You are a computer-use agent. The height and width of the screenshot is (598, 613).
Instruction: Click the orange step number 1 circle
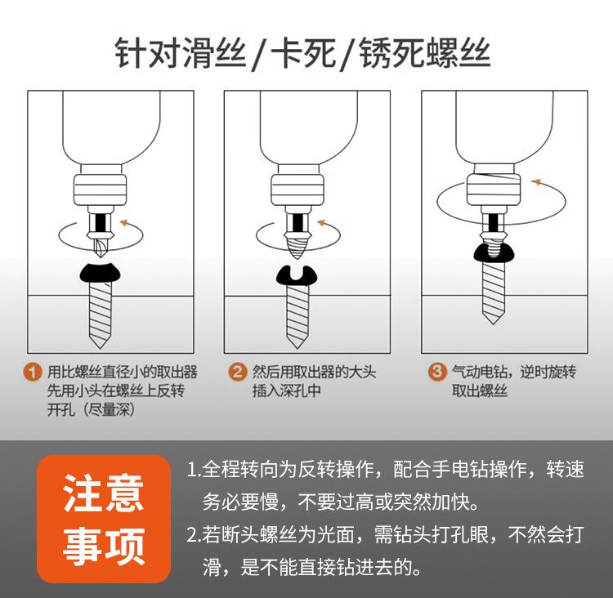(33, 373)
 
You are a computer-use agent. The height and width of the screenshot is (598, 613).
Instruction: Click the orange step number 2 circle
(237, 373)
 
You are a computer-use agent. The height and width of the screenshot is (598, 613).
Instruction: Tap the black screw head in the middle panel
(297, 276)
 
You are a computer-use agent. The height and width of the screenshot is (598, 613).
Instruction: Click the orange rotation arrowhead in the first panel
(123, 221)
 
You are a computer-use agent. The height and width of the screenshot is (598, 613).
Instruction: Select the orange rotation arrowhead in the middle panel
(321, 221)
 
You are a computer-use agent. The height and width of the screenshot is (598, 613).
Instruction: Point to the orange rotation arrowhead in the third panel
(535, 181)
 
